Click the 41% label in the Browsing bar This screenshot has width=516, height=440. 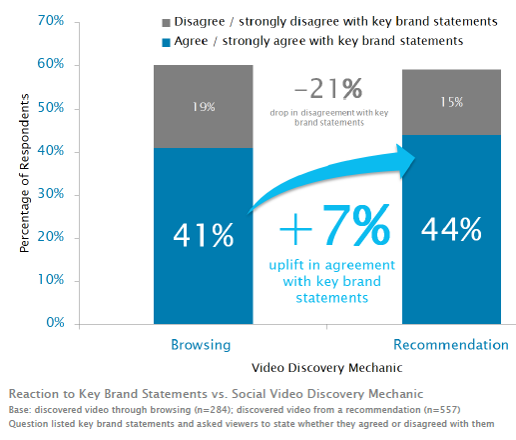point(204,235)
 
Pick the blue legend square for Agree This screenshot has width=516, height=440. point(151,41)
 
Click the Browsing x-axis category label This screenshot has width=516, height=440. point(203,345)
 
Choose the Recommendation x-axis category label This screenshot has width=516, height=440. point(451,345)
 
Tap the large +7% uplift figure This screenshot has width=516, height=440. point(334,229)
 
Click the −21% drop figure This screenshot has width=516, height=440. point(325,89)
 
